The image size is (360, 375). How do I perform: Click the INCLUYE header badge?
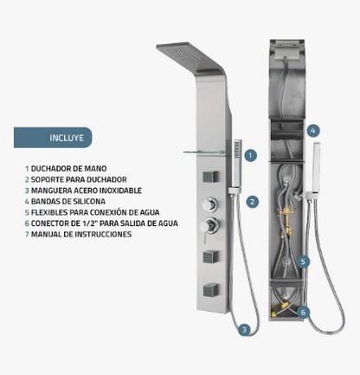[53, 138]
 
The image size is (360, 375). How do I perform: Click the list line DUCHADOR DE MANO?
[66, 168]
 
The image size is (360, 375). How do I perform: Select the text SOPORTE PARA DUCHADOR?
[76, 179]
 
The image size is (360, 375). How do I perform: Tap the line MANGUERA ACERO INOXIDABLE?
[83, 191]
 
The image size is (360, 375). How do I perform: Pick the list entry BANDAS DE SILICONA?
[65, 201]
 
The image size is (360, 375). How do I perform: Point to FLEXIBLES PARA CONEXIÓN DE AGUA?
[92, 212]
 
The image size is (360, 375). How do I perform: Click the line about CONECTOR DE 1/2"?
[101, 223]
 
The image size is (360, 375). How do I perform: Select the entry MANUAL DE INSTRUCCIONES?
[78, 234]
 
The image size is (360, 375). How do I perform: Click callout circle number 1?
[250, 155]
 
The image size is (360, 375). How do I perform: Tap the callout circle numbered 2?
[252, 202]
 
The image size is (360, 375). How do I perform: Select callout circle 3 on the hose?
[244, 329]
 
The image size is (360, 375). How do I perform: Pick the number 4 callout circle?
[313, 131]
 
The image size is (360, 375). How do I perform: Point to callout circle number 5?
[303, 262]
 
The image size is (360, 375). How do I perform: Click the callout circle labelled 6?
[303, 312]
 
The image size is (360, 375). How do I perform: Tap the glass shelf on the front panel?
[204, 152]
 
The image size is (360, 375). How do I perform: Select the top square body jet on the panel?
[210, 177]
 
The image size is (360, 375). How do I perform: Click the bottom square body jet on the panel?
[210, 290]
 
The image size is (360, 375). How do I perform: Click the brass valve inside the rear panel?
[286, 219]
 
